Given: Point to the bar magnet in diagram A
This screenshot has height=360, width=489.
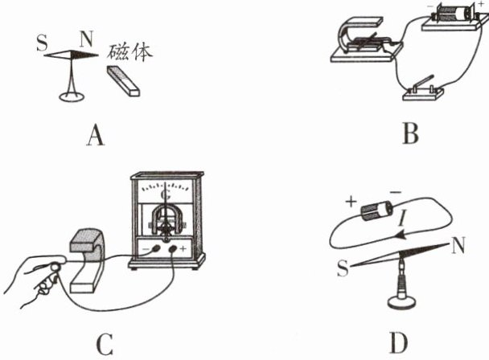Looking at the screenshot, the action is pos(123,83).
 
